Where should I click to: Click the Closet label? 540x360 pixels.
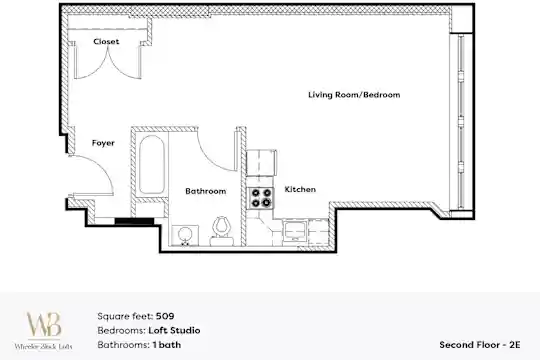[106, 41]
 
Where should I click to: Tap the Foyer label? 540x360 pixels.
[103, 143]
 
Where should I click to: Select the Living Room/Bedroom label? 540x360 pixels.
[354, 95]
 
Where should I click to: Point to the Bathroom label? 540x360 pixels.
[206, 191]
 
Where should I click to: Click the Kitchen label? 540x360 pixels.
[300, 189]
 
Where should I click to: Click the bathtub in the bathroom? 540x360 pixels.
[152, 164]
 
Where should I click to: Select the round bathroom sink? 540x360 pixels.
[185, 235]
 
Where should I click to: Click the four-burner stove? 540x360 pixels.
[261, 198]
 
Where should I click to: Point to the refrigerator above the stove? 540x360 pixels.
[261, 163]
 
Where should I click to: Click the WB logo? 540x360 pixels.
[44, 325]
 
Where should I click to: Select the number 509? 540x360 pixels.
[165, 316]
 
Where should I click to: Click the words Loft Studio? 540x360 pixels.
[174, 330]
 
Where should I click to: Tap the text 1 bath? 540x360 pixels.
[167, 344]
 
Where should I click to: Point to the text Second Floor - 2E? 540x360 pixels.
[480, 344]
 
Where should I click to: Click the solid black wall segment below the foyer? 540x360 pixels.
[134, 221]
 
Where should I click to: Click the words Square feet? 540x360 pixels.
[125, 316]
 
